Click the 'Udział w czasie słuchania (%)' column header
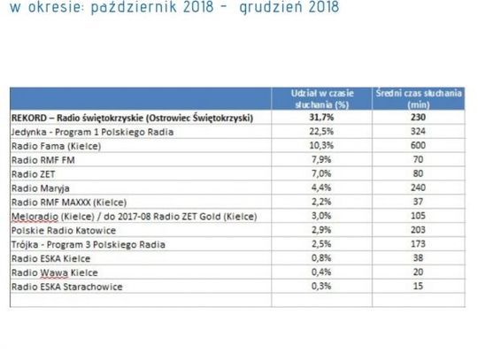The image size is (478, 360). point(322,97)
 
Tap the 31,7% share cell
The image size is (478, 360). point(322,117)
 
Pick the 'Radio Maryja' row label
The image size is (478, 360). point(41,188)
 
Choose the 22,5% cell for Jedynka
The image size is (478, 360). point(322,131)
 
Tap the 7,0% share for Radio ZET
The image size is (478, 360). point(322,173)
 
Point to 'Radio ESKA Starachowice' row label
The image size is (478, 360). point(66,287)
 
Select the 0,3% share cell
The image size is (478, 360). point(322,287)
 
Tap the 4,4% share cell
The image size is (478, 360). point(322,188)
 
